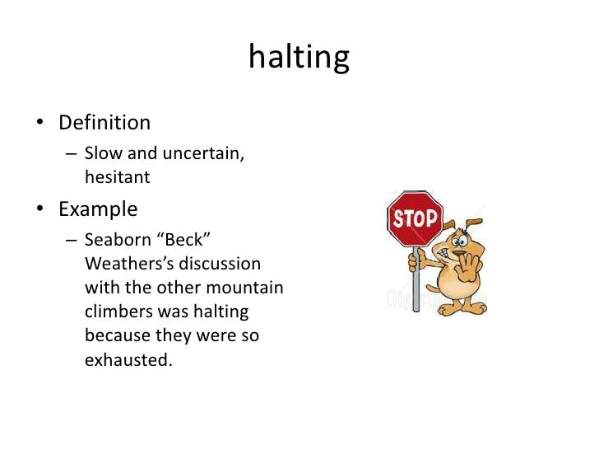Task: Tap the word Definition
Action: pos(104,123)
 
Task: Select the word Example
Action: pos(97,209)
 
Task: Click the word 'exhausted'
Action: pos(129,360)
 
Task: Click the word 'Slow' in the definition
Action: pos(102,154)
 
